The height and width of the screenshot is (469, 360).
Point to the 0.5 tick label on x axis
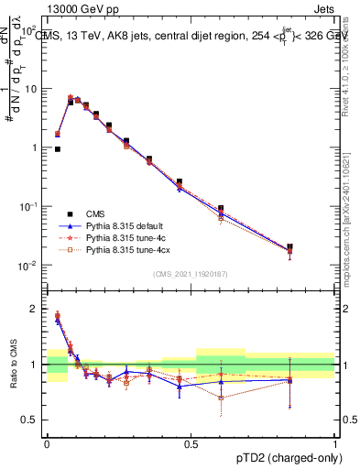click(x=191, y=442)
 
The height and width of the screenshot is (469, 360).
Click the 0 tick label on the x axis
click(x=47, y=442)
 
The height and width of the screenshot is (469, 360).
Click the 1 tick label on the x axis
click(x=334, y=442)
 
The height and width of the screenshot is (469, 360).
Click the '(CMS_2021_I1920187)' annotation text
click(x=191, y=273)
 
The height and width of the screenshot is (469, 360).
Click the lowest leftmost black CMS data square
click(x=58, y=148)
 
